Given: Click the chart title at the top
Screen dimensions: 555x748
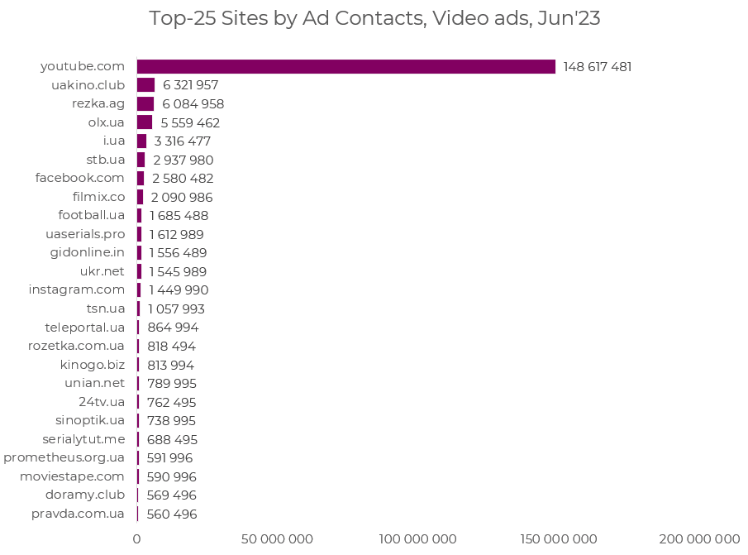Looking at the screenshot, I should point(374,19).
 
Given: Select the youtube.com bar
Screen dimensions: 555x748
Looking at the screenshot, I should point(345,66).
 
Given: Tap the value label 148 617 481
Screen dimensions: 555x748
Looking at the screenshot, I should point(597,67).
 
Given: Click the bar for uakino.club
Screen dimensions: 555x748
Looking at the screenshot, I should point(145,85).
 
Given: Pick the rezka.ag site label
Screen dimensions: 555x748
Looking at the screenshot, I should point(98,103).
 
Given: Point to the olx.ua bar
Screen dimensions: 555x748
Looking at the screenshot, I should point(145,122).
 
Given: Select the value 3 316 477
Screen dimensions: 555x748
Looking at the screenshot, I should point(182,141).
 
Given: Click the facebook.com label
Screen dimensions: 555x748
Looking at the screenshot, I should point(79,178).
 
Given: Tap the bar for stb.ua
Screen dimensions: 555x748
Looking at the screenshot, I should point(141,160).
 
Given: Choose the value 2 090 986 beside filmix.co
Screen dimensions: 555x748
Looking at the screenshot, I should point(182,197).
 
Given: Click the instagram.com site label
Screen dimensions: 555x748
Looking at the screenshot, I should point(76,289).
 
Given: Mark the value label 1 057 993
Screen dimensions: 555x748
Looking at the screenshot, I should point(176,309).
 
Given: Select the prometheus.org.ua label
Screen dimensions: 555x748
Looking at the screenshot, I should point(64,457).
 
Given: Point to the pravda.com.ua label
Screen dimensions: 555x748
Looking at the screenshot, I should point(78,514).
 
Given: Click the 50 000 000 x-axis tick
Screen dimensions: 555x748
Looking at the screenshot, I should point(277,539).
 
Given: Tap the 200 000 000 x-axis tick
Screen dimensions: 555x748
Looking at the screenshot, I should point(699,539).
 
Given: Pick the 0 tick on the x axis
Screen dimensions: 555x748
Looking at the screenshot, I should point(137,539).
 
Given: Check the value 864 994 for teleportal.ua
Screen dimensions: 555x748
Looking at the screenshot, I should point(173,328).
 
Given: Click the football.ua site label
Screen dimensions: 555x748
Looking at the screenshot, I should point(91,215).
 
